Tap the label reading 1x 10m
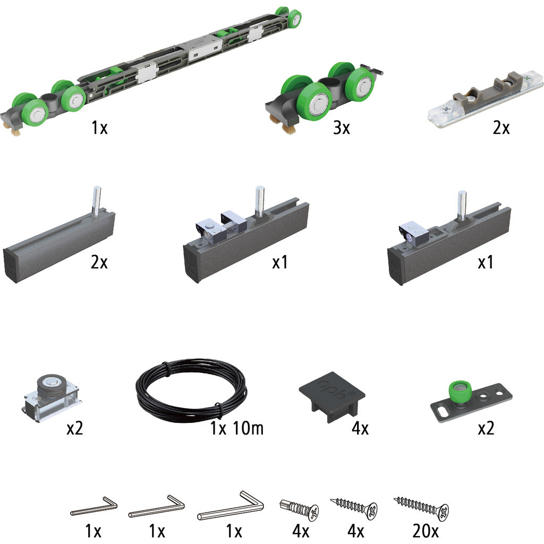(236, 428)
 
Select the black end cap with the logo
(332, 395)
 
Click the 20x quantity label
(426, 531)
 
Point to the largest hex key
(231, 506)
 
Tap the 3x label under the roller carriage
(342, 127)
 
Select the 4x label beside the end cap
(360, 429)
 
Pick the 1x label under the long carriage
(99, 127)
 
